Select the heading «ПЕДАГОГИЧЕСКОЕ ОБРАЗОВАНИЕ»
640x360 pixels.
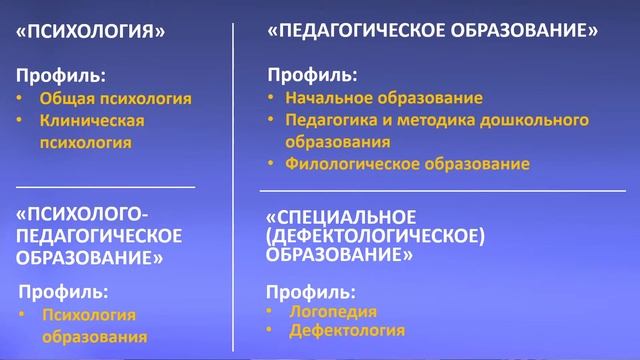pos(432,31)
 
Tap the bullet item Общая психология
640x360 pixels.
pos(115,99)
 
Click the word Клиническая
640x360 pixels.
pos(92,120)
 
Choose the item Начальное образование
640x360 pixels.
pos(384,98)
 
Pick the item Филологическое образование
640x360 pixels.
pos(407,163)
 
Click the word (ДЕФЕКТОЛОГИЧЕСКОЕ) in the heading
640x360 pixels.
pos(376,236)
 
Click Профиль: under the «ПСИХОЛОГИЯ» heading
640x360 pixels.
pos(60,75)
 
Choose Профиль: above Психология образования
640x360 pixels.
pos(65,292)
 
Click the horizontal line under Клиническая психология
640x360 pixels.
pos(106,186)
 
